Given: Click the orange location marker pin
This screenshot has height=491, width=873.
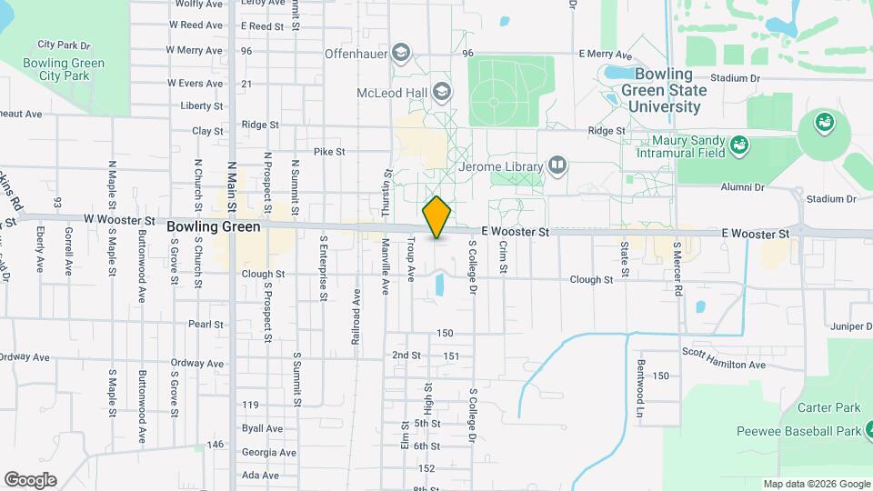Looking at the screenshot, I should pyautogui.click(x=436, y=216).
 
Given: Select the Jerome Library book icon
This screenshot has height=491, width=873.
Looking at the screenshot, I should pyautogui.click(x=557, y=165).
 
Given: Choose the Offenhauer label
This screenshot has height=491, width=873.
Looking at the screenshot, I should pyautogui.click(x=356, y=55).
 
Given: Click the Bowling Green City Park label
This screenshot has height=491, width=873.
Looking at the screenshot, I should pyautogui.click(x=65, y=69).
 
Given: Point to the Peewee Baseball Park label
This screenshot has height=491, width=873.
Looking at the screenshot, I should pyautogui.click(x=797, y=431).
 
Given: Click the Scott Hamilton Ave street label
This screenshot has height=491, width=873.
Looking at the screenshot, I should pyautogui.click(x=724, y=364).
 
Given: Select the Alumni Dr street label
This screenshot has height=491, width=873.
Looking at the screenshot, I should pyautogui.click(x=742, y=187).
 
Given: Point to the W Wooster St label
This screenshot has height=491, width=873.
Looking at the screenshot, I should pyautogui.click(x=120, y=220).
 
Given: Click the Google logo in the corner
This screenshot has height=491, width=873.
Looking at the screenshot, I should pyautogui.click(x=30, y=480).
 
